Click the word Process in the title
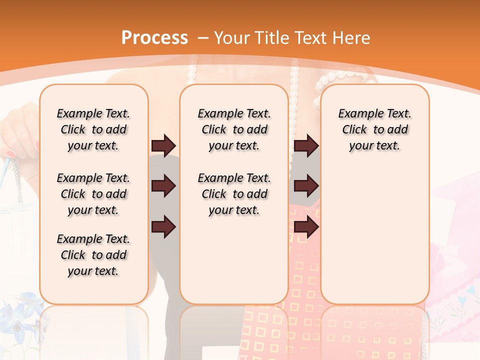coord(154,37)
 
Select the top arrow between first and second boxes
coord(163,145)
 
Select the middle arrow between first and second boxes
coord(163,186)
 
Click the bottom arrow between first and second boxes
coord(163,227)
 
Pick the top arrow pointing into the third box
coord(306,145)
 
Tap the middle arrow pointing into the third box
coord(306,186)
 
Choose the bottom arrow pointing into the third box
coord(306,227)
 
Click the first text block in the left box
coord(93,129)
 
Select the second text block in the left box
coord(93,194)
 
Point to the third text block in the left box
coord(93,255)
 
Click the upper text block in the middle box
coord(234,129)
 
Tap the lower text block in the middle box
coord(234,194)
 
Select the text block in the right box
coord(374,129)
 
